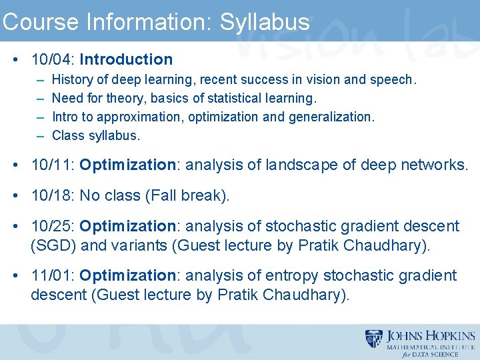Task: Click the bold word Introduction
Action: pos(126,59)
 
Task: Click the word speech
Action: pos(393,80)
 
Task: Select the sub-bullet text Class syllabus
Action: pos(96,135)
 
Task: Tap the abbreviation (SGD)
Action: pos(53,245)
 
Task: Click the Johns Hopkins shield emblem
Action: pos(374,339)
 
